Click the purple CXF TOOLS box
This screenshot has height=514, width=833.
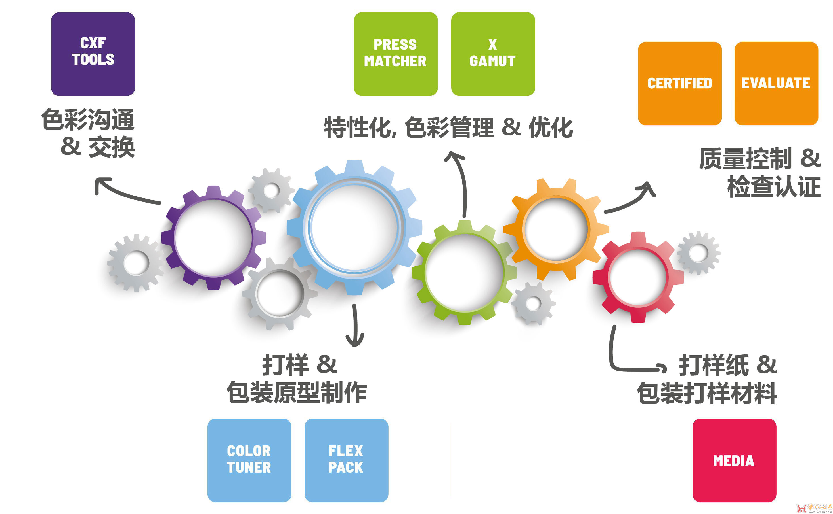pos(93,54)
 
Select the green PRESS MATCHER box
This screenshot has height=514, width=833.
pos(396,54)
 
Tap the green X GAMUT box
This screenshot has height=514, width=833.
pos(493,54)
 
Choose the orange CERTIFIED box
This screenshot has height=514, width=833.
pos(679,83)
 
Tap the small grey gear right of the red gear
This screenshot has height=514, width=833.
pos(698,253)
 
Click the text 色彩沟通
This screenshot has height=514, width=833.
pos(88,120)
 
